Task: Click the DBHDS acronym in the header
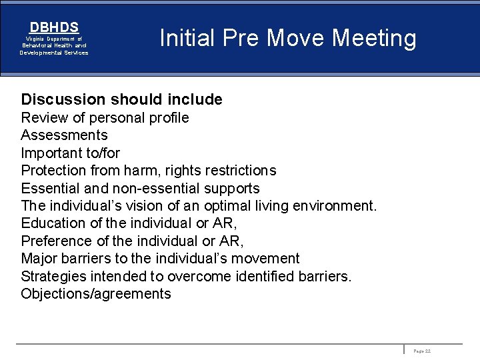(54, 27)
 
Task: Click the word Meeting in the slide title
(374, 38)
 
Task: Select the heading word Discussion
(63, 100)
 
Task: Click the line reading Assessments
(64, 135)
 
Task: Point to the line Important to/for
(71, 153)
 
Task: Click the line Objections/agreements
(96, 294)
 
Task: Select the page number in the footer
(422, 350)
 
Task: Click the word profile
(170, 118)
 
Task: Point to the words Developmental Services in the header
(54, 53)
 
